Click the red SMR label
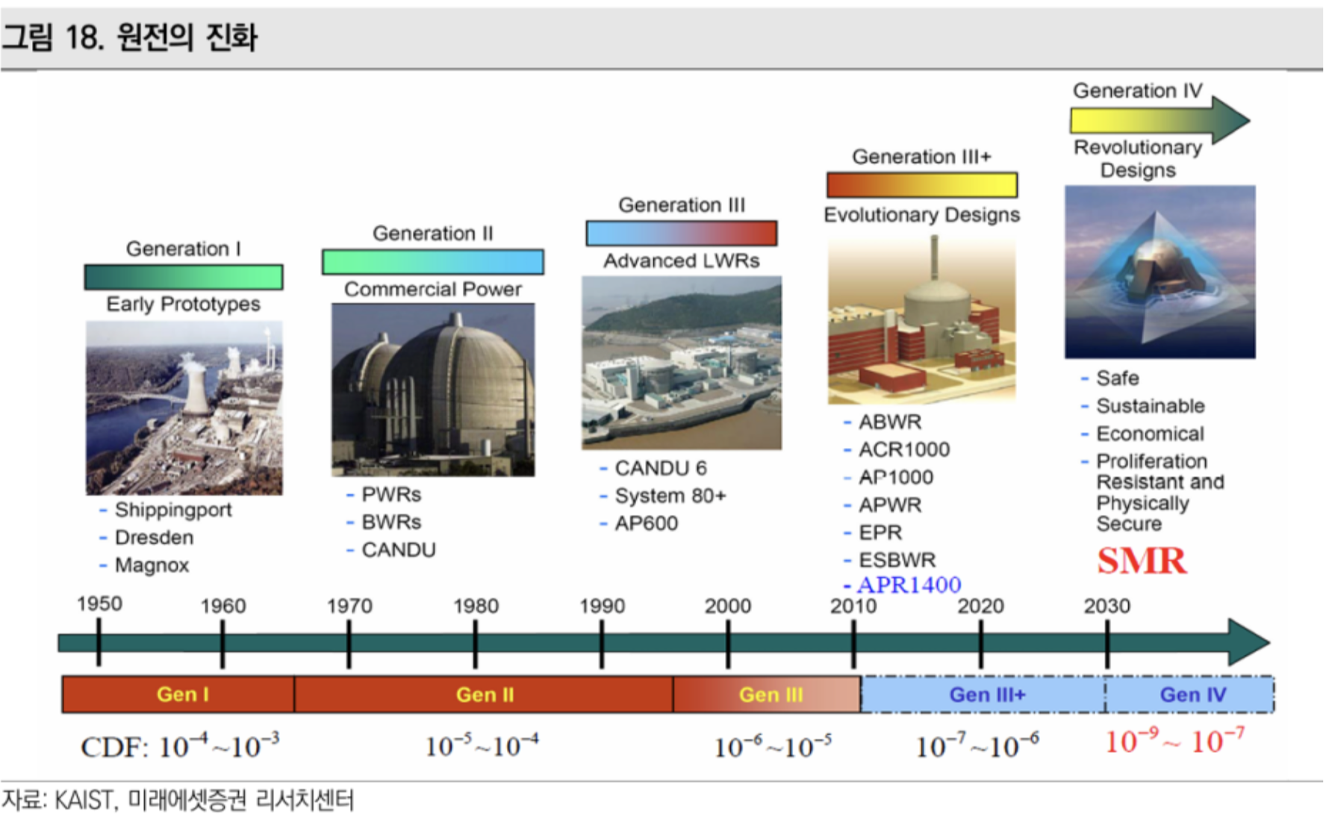(x=1141, y=561)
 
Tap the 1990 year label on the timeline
(x=602, y=605)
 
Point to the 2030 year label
(x=1106, y=605)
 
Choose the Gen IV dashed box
(x=1192, y=695)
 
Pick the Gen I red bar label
(x=182, y=694)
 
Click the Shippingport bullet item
(x=172, y=510)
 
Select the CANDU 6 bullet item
(x=660, y=468)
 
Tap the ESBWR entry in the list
(x=897, y=560)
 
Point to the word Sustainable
(x=1150, y=406)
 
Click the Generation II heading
(x=432, y=234)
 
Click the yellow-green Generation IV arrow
(x=1157, y=120)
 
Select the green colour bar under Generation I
(x=183, y=277)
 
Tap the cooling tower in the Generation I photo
(x=196, y=388)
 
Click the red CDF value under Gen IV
(x=1174, y=742)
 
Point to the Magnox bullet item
(x=152, y=565)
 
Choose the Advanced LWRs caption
(x=681, y=260)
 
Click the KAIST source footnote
(x=178, y=800)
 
